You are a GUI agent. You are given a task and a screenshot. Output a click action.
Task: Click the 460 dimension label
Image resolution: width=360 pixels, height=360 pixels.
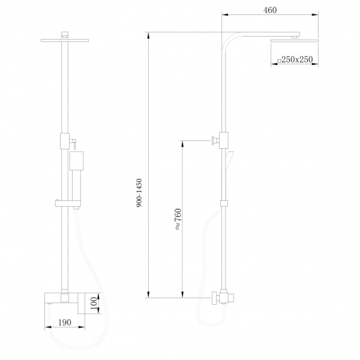[269, 10]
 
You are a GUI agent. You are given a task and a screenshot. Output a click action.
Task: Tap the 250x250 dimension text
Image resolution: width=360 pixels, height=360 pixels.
[296, 60]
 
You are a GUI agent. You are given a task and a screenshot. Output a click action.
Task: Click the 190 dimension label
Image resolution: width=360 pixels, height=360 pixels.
[65, 323]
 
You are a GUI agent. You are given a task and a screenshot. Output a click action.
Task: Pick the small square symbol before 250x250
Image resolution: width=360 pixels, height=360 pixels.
[278, 61]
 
